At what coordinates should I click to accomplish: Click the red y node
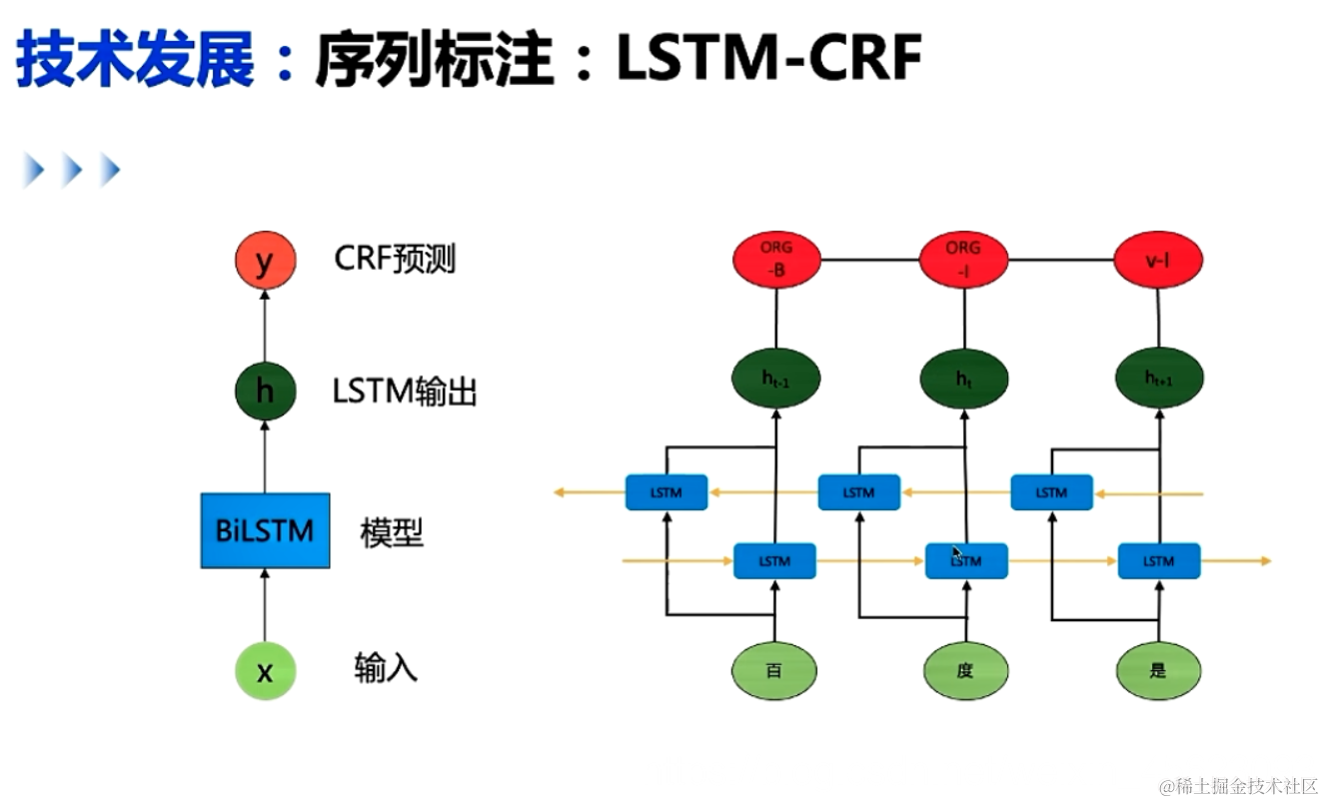click(x=265, y=262)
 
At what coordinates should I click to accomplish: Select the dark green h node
click(x=265, y=392)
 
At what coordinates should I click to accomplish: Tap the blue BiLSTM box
click(x=265, y=530)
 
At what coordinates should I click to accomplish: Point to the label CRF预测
click(x=395, y=260)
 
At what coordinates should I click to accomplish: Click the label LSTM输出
click(x=405, y=393)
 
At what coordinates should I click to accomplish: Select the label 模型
click(x=392, y=533)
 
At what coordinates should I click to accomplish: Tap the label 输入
click(x=385, y=667)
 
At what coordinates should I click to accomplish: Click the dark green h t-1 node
click(x=776, y=379)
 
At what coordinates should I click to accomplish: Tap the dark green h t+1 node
click(x=1158, y=379)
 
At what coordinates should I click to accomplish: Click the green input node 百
click(x=774, y=670)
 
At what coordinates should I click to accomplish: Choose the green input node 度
click(x=964, y=670)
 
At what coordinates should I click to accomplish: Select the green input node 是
click(x=1158, y=670)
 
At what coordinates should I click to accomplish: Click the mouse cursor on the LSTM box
click(x=956, y=552)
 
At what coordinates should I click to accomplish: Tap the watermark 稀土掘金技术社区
click(x=1239, y=786)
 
